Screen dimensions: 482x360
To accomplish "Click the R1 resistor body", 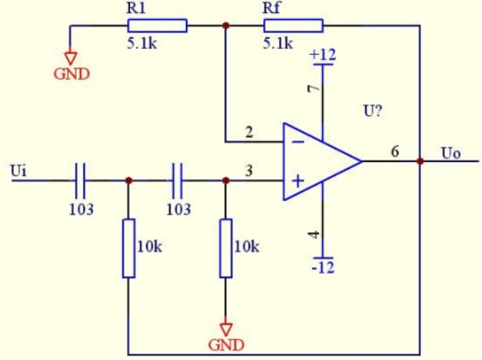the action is [x=158, y=25].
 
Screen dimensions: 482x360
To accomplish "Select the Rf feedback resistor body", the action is [x=293, y=25].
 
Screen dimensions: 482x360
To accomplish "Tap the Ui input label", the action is [x=18, y=170].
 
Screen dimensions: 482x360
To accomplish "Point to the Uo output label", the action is [x=451, y=154].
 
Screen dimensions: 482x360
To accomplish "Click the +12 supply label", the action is [x=323, y=55].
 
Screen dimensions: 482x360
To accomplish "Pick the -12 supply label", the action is [x=323, y=268].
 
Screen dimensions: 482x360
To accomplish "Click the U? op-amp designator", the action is [x=373, y=111].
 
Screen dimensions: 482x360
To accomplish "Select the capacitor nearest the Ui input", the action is [x=80, y=180].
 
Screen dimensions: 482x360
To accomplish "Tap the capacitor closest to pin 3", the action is [x=177, y=180].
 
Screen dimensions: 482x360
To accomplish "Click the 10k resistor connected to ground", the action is [x=226, y=248].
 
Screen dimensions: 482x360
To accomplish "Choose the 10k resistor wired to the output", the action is [x=129, y=248].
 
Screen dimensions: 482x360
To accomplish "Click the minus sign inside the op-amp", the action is [x=298, y=141].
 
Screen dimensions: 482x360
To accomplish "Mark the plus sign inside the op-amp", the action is [x=298, y=180].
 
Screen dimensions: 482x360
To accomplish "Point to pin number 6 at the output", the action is [x=395, y=151].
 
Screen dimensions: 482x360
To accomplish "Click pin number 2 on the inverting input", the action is [x=249, y=132].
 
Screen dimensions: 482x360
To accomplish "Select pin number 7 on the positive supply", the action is [x=314, y=89].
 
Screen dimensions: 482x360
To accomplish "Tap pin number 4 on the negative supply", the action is [x=314, y=234].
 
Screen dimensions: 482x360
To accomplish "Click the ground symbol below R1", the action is [x=70, y=58].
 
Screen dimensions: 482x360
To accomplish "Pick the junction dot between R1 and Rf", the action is [x=226, y=25].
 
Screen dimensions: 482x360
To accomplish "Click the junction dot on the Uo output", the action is [x=420, y=161].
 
